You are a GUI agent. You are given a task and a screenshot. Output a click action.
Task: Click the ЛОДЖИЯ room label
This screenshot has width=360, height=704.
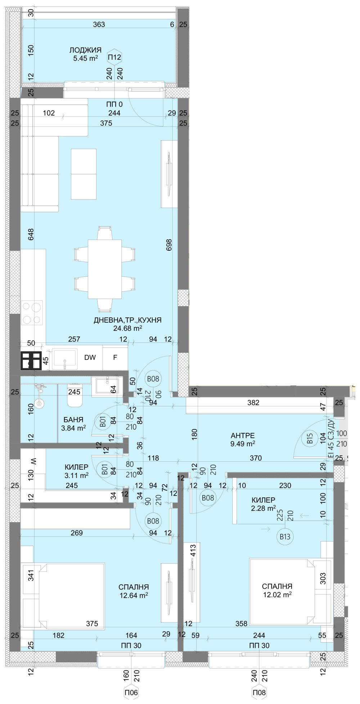point(85,50)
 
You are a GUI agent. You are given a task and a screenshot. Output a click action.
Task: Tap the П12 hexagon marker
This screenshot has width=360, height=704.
point(115,57)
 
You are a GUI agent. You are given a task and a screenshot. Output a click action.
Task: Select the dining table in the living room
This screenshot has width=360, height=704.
point(105,269)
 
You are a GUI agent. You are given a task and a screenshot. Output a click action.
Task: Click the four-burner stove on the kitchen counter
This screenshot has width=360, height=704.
point(32,313)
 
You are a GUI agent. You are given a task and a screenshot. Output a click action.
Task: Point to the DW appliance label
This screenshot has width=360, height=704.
point(90,358)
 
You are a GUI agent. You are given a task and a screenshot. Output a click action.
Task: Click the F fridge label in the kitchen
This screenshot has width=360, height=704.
point(115,358)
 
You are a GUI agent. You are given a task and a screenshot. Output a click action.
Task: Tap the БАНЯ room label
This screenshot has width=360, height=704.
point(73,420)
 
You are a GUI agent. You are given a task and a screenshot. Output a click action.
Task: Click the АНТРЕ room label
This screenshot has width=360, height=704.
point(243,435)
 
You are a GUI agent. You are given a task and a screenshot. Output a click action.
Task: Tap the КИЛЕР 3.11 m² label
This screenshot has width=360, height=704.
point(76,467)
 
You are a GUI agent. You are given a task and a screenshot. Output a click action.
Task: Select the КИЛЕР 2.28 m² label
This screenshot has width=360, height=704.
point(264,500)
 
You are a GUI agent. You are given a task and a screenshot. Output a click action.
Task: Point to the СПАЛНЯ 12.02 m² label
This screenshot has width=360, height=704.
point(277,586)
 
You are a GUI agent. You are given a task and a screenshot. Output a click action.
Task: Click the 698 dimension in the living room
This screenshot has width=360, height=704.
point(169,245)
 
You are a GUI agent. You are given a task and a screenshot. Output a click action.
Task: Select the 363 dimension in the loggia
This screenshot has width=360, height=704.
point(99,24)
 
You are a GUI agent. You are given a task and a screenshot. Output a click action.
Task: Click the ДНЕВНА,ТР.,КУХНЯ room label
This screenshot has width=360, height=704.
point(127,320)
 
